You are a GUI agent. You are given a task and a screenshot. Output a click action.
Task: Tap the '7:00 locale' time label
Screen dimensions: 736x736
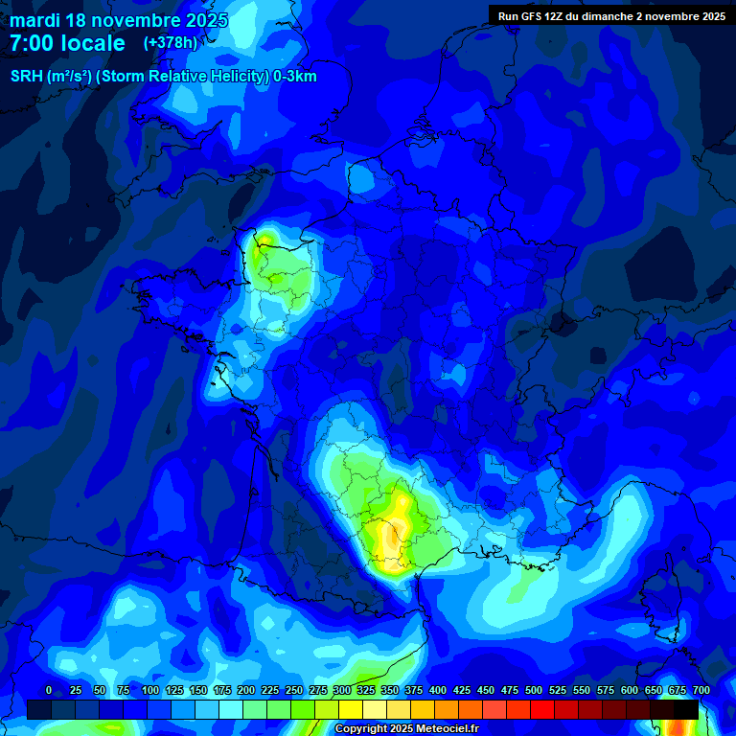click(67, 43)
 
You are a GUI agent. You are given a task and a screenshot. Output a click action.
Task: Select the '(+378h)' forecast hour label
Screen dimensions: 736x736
click(170, 42)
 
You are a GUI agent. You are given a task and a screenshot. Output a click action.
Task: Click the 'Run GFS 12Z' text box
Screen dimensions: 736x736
click(610, 15)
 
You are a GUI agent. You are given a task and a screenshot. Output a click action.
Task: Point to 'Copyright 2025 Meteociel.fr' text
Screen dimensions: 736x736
click(406, 728)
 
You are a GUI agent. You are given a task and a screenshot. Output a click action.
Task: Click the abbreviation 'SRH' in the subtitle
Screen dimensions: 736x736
click(27, 77)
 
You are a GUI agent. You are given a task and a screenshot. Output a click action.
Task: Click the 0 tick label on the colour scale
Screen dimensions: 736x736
click(49, 690)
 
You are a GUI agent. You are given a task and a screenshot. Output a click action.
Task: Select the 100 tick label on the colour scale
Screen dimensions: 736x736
click(150, 690)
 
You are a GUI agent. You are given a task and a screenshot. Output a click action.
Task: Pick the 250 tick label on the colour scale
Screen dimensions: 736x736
click(294, 690)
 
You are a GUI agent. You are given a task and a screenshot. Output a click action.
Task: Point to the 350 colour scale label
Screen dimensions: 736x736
click(390, 690)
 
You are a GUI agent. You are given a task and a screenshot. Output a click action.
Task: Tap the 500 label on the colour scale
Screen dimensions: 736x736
click(534, 690)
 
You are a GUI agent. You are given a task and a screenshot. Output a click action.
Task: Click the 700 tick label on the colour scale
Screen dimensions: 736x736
click(701, 690)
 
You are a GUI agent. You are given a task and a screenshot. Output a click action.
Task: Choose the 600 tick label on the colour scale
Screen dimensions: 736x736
click(630, 690)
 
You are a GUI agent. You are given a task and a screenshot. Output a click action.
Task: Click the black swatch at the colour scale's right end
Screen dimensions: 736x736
click(686, 709)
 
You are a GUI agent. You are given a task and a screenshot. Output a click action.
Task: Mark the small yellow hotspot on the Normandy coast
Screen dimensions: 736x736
click(265, 237)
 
